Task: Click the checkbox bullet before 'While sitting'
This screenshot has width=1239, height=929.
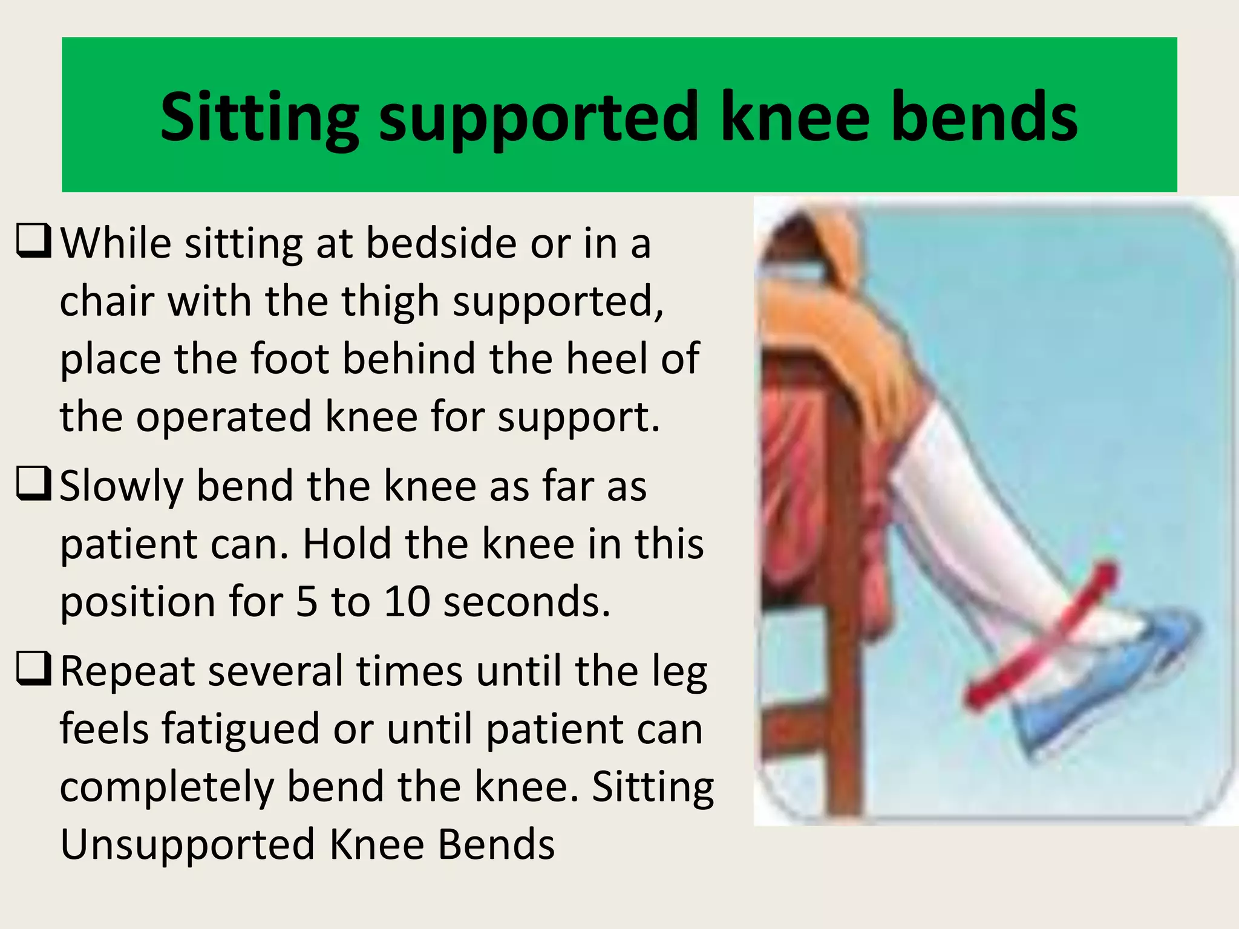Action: click(33, 241)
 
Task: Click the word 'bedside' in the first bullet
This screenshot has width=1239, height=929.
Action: click(442, 243)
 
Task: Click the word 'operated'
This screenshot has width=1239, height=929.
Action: click(223, 417)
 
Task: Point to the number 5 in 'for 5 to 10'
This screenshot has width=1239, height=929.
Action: click(307, 602)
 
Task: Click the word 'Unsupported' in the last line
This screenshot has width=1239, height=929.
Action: click(188, 845)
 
